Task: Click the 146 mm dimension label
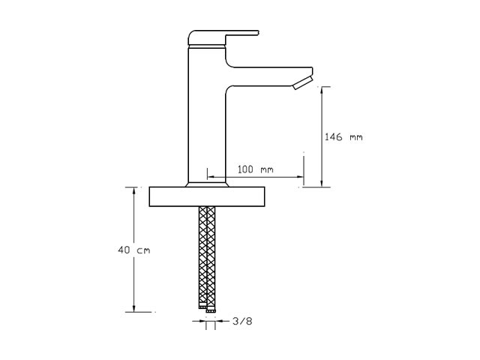click(343, 136)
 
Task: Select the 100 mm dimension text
click(255, 169)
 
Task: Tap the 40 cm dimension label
click(134, 250)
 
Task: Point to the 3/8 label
click(242, 321)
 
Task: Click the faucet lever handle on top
click(222, 37)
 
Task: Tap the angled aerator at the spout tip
click(302, 83)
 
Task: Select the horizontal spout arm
click(269, 76)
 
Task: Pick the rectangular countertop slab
click(207, 196)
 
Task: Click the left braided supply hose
click(203, 256)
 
